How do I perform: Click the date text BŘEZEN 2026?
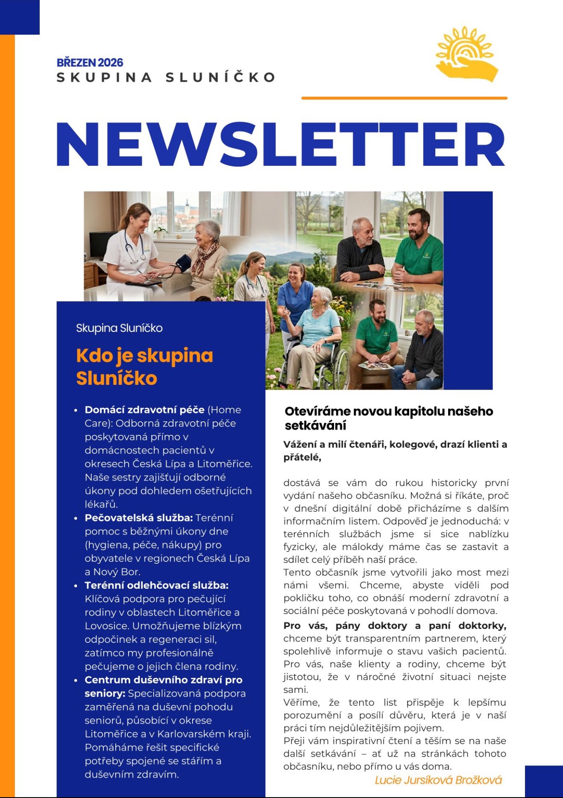(x=90, y=63)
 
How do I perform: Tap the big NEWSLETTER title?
(x=281, y=144)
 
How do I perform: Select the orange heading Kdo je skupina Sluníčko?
(x=144, y=367)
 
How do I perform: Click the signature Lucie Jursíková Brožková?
(x=438, y=780)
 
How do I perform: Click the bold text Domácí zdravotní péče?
(x=144, y=410)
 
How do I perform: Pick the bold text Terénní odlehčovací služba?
(x=156, y=585)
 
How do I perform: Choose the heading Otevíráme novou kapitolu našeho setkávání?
(x=388, y=418)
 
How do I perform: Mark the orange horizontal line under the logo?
(x=404, y=98)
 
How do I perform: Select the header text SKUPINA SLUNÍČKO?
(x=166, y=77)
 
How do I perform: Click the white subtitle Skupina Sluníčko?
(x=119, y=328)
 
